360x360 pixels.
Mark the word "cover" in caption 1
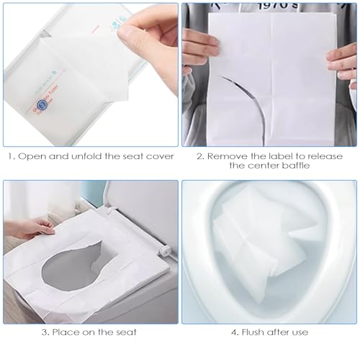click(x=158, y=156)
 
